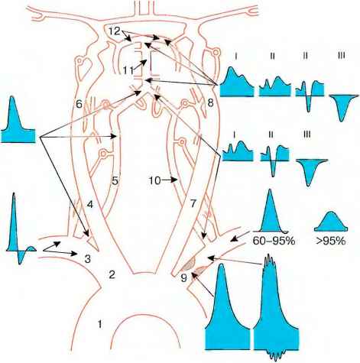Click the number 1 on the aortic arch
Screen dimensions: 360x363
(100, 324)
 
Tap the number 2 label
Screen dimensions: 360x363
(112, 274)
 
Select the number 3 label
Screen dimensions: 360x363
(87, 259)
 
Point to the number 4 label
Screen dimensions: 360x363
(89, 204)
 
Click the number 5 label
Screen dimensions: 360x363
(115, 180)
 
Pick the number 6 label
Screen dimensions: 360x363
(79, 104)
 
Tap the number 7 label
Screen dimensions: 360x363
(193, 204)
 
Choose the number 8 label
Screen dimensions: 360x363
(210, 103)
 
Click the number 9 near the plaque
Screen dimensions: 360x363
(183, 277)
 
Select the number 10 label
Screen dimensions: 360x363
(155, 180)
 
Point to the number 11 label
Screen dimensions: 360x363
(128, 70)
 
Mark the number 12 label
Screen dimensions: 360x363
(114, 31)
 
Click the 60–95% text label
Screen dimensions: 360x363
(274, 241)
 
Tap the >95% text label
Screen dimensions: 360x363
(331, 241)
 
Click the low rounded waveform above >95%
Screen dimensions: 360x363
(331, 222)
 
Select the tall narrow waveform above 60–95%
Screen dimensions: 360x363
(271, 214)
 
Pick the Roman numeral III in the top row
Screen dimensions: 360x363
(342, 56)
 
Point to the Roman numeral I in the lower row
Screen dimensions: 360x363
(234, 135)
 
